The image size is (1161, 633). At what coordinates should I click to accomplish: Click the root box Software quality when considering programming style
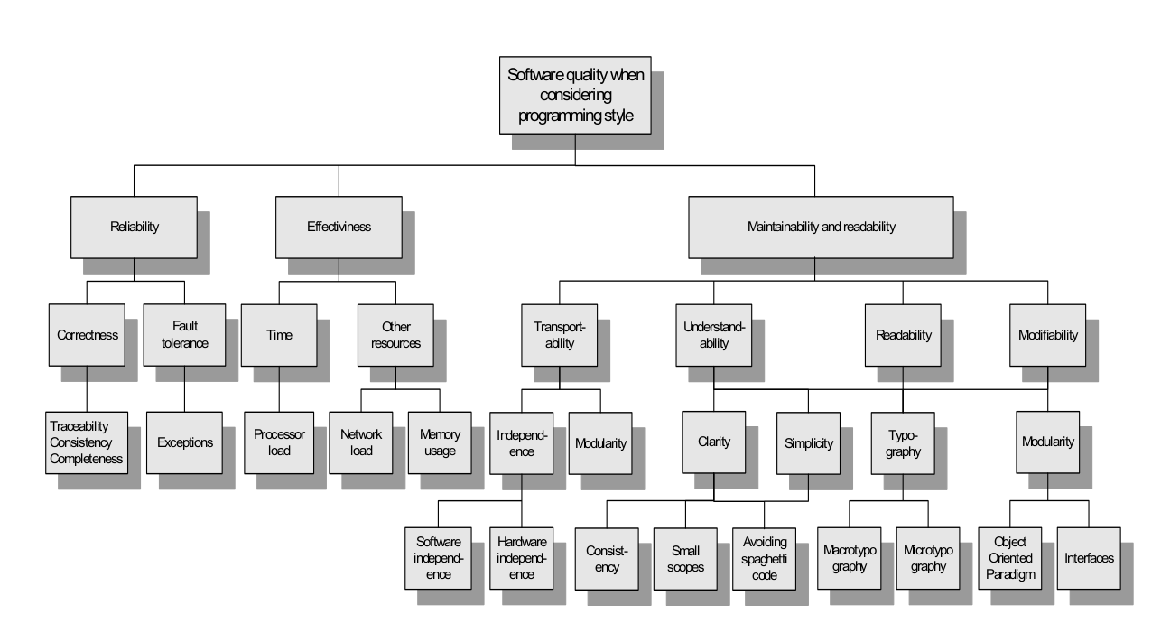tap(575, 95)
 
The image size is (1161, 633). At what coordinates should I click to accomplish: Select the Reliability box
tap(134, 228)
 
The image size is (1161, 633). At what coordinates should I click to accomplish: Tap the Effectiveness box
tap(339, 228)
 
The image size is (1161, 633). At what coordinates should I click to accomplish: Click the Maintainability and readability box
tap(821, 228)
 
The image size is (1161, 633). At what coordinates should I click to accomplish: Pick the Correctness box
tap(87, 335)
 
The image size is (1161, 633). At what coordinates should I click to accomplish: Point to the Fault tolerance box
tap(184, 335)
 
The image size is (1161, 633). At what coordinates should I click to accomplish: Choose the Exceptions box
tap(184, 442)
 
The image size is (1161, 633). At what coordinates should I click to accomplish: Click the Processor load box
tap(280, 442)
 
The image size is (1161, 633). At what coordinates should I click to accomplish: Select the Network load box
tap(361, 442)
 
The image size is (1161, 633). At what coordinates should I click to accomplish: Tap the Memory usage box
tap(440, 442)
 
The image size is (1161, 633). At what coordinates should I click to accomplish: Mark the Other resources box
tap(395, 335)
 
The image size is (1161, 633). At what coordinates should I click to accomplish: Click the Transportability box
tap(560, 335)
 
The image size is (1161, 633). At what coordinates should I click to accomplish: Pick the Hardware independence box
tap(522, 558)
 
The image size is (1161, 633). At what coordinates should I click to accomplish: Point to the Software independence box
tap(439, 558)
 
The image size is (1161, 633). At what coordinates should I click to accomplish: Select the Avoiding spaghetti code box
tap(765, 558)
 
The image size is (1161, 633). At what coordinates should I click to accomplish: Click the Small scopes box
tap(685, 558)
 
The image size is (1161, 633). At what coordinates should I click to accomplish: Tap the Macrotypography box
tap(845, 558)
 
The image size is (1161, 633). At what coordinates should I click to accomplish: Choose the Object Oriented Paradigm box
tap(1010, 558)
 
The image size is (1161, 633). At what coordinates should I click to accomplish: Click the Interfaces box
tap(1088, 558)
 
